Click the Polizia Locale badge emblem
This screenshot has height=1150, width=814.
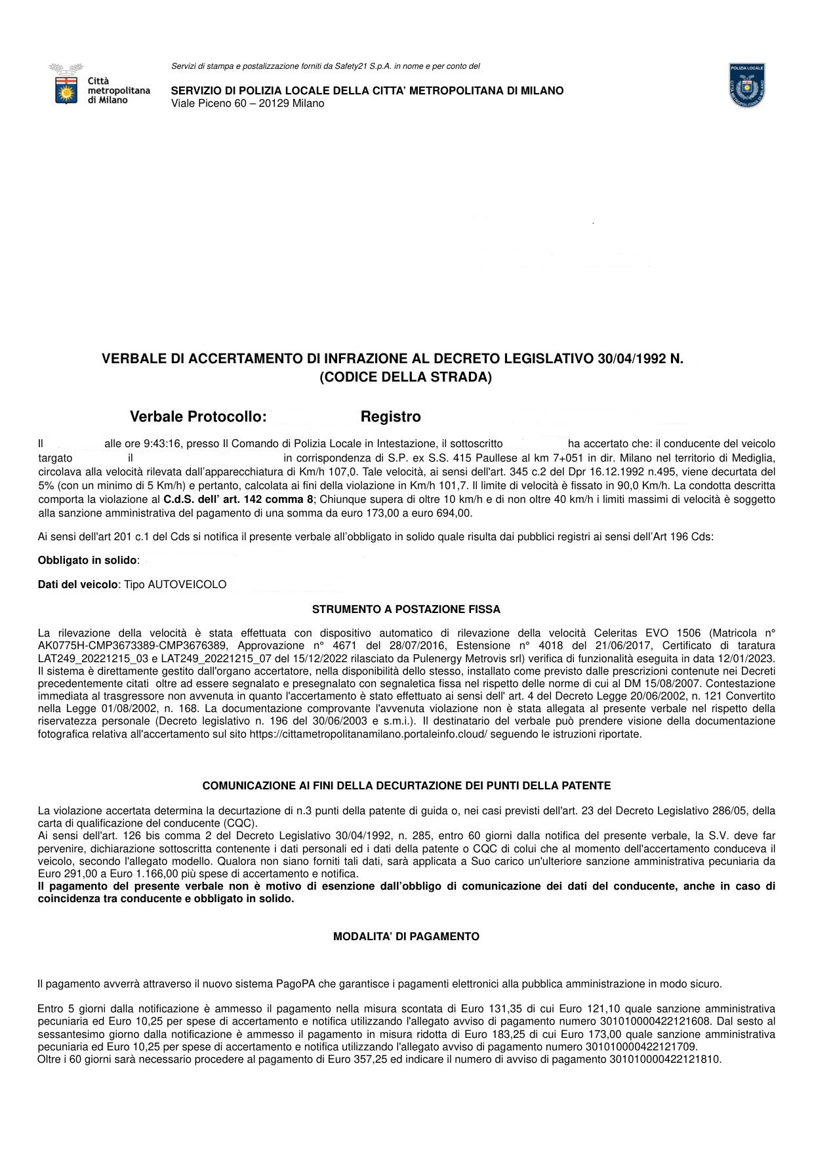tap(747, 85)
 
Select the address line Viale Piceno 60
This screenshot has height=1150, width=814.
tap(247, 104)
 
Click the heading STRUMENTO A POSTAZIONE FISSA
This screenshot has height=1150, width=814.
tap(406, 610)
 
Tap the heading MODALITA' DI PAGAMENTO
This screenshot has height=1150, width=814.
tap(406, 937)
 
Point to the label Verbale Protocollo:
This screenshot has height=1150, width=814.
tap(198, 417)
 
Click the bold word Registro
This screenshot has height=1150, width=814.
tap(390, 417)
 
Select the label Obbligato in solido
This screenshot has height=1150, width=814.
tap(88, 561)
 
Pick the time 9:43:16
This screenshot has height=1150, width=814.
tap(162, 444)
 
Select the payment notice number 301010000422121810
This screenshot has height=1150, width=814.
tap(665, 1059)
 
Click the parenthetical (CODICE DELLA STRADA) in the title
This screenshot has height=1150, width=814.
tap(405, 378)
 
